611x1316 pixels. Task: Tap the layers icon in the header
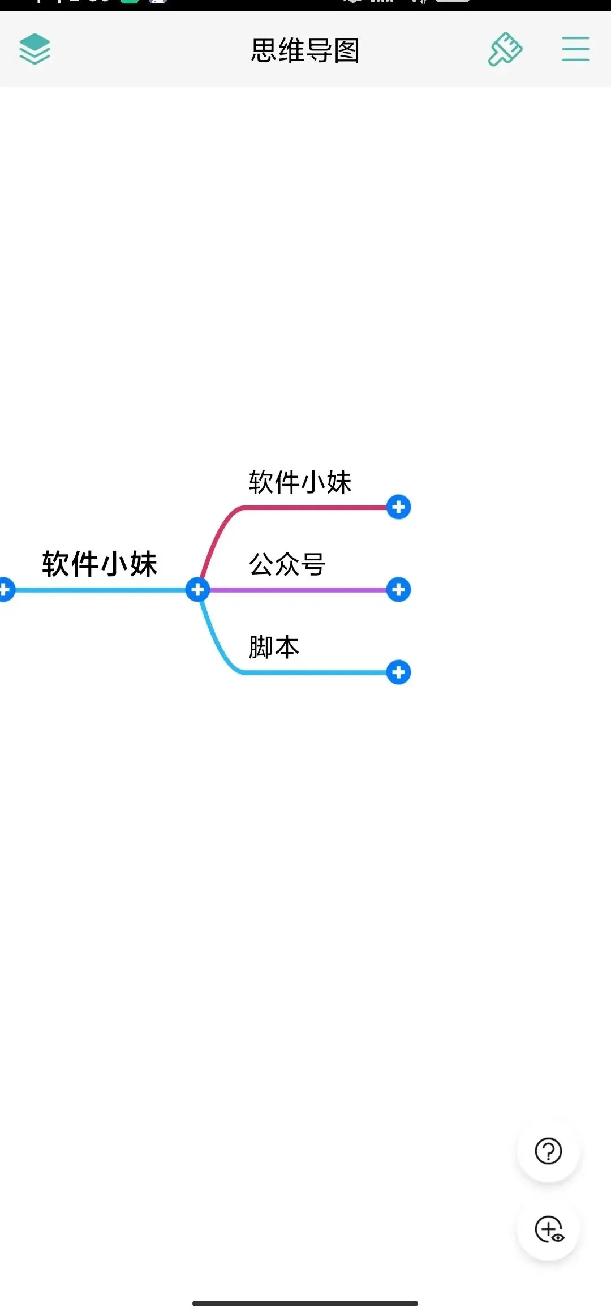pyautogui.click(x=35, y=49)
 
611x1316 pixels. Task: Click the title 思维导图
pyautogui.click(x=305, y=50)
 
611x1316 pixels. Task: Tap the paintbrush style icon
pyautogui.click(x=505, y=49)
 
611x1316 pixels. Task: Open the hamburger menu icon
pyautogui.click(x=575, y=49)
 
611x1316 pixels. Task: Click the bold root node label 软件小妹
pyautogui.click(x=100, y=564)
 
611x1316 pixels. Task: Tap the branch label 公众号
pyautogui.click(x=287, y=564)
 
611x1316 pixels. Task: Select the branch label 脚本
pyautogui.click(x=274, y=647)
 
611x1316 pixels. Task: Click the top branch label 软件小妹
pyautogui.click(x=300, y=482)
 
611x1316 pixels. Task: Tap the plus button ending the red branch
pyautogui.click(x=398, y=507)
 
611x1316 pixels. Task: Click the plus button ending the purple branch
pyautogui.click(x=398, y=590)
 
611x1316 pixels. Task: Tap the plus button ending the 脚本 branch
pyautogui.click(x=398, y=672)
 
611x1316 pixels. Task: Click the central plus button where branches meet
pyautogui.click(x=197, y=590)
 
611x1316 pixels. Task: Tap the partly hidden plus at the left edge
pyautogui.click(x=5, y=590)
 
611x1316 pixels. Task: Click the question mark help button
pyautogui.click(x=548, y=1151)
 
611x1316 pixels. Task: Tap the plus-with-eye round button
pyautogui.click(x=548, y=1229)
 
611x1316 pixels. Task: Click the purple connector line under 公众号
pyautogui.click(x=300, y=590)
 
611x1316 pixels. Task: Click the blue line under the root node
pyautogui.click(x=100, y=590)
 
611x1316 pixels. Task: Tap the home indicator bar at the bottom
pyautogui.click(x=305, y=1303)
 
